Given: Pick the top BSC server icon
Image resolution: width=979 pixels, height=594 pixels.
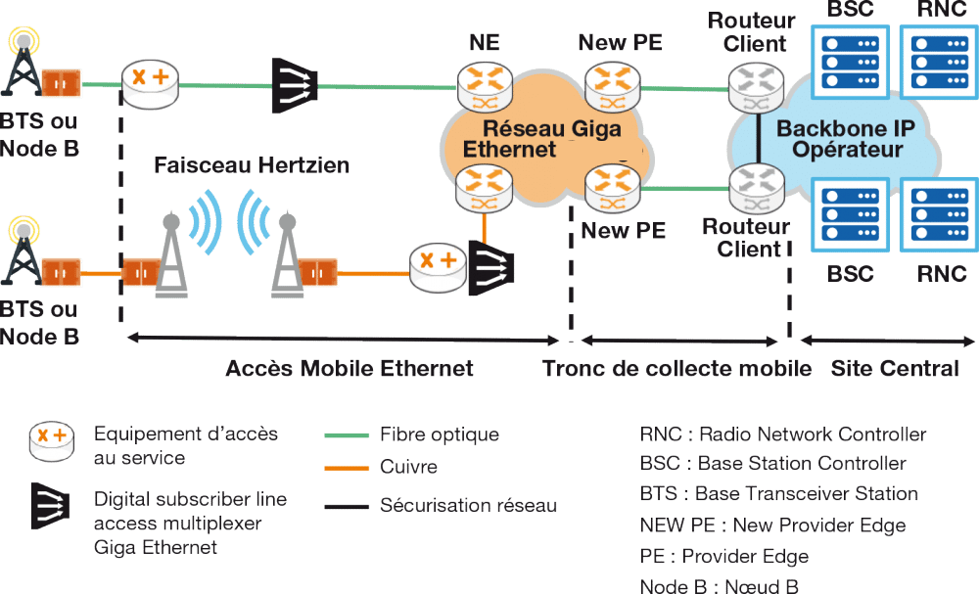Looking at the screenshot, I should click(x=850, y=62).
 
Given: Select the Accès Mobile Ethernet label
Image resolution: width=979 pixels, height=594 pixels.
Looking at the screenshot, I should click(x=349, y=369).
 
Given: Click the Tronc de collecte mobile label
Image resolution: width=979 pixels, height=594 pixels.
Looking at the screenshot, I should click(x=677, y=369).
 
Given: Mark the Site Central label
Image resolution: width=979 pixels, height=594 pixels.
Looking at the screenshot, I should click(x=895, y=369).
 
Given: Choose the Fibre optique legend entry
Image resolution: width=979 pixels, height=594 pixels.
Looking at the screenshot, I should click(x=439, y=435).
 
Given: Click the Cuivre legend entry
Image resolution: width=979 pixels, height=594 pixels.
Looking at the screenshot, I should click(x=407, y=469).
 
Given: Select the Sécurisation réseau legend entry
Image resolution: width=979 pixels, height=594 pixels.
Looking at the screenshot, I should click(x=468, y=506).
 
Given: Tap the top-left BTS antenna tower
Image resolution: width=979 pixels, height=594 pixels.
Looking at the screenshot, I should click(x=23, y=69).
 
